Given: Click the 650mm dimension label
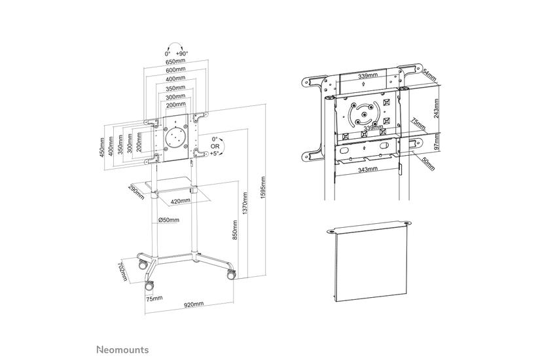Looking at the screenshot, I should pos(175,62).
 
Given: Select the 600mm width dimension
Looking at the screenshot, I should pos(175,70).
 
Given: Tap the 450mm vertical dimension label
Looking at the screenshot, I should pos(103,148).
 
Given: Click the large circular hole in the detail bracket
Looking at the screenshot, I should pos(365,116).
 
